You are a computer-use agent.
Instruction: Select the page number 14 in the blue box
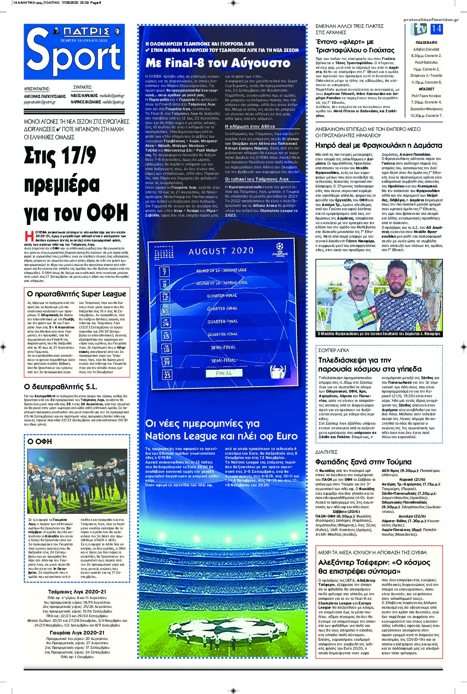(x=436, y=29)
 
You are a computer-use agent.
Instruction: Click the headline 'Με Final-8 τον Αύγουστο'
(x=218, y=63)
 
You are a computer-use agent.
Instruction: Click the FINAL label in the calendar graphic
(x=224, y=373)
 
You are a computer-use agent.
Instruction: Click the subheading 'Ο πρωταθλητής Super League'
(x=76, y=294)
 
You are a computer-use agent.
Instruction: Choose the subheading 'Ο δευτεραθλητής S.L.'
(x=61, y=386)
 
